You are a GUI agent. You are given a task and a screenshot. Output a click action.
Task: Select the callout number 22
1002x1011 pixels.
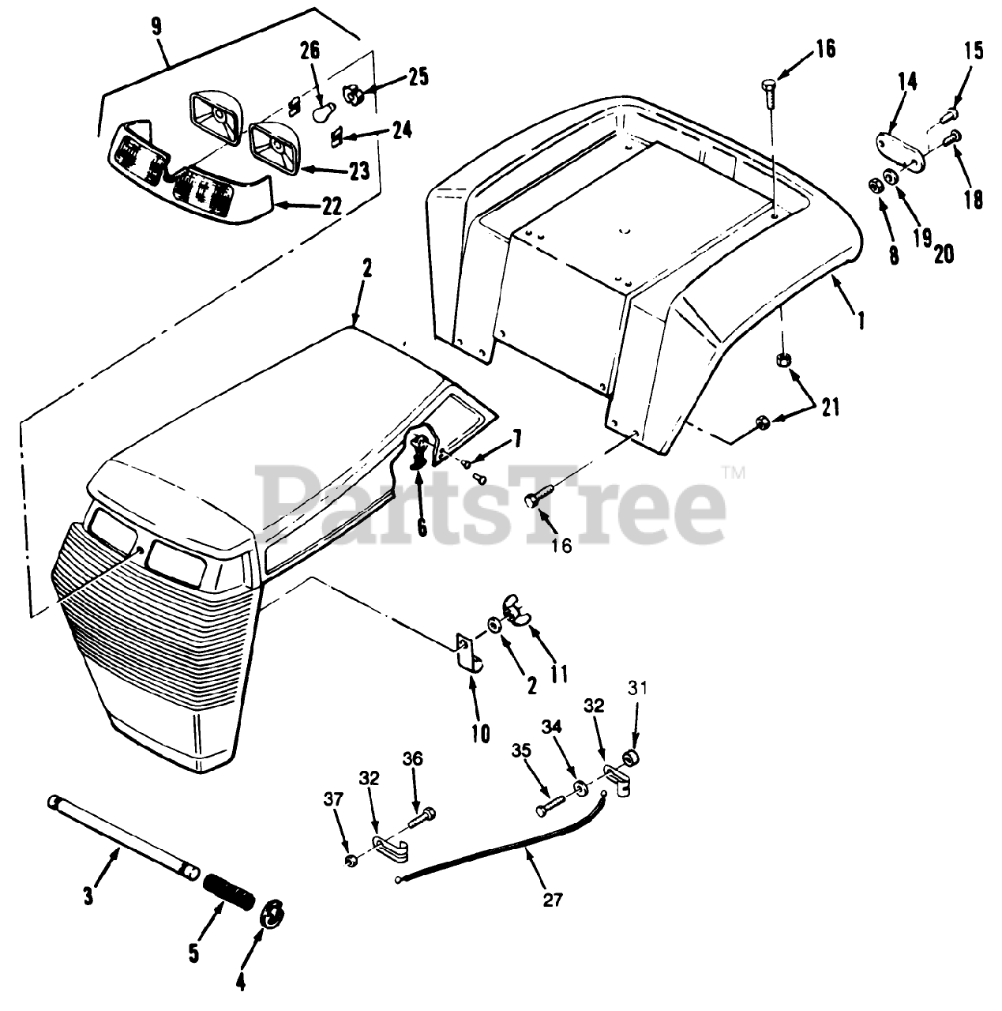332,208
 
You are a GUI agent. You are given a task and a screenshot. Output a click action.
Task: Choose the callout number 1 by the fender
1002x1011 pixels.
861,319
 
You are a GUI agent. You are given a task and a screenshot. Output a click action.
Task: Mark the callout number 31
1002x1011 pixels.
637,689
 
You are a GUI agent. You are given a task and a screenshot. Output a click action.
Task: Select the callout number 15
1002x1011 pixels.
974,52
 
